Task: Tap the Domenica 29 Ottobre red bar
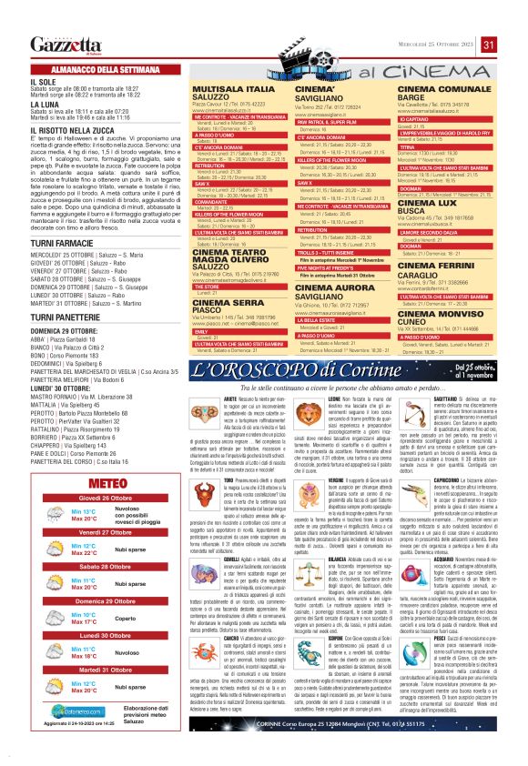[102, 601]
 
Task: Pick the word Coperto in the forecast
[125, 618]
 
